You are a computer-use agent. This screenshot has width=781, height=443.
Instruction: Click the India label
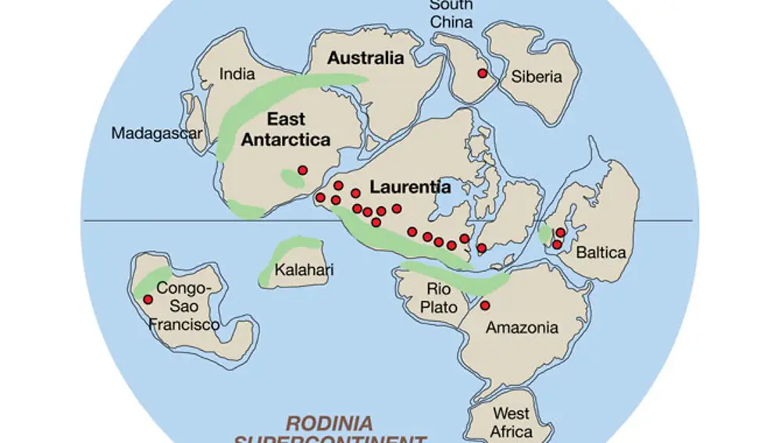pos(237,74)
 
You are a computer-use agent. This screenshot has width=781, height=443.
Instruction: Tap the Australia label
pos(366,58)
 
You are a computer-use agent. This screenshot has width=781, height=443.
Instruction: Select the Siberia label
pos(537,77)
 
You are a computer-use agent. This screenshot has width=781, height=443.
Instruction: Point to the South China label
pos(451,14)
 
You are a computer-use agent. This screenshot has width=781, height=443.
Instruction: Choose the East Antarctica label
pos(286,130)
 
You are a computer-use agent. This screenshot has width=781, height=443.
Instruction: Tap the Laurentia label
pos(410,188)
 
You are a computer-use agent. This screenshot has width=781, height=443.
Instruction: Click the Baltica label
pos(601,252)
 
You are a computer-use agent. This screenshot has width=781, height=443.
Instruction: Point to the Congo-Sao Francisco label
pos(184,305)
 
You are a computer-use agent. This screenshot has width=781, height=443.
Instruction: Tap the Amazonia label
pos(522,327)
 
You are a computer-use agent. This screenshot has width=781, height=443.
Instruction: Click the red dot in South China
pos(483,73)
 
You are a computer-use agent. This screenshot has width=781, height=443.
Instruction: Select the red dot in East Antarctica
pos(303,170)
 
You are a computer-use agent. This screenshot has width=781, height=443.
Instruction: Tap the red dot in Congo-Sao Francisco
pos(148,299)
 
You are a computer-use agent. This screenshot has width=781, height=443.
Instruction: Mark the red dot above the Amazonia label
pos(485,305)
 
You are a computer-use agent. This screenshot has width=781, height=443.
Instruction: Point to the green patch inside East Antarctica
pos(292,180)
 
